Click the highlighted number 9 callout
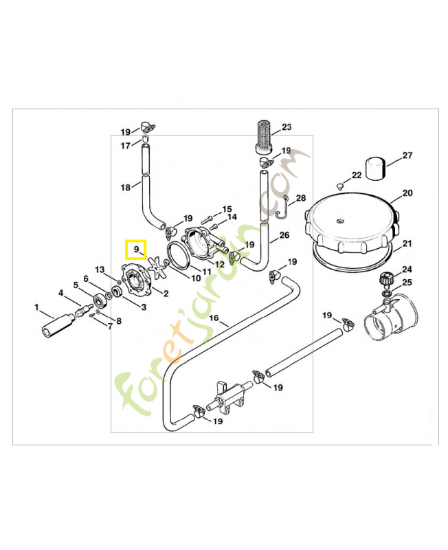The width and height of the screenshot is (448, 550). coord(135,248)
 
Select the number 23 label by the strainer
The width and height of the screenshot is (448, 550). coord(287,126)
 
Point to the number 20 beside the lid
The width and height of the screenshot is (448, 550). coord(407,193)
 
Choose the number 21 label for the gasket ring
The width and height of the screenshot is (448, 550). coord(407,243)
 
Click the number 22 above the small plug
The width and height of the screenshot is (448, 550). coord(356,175)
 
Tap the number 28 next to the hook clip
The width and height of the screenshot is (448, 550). coord(301,198)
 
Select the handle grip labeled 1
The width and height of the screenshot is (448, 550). coord(55,324)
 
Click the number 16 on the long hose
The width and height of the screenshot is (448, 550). coord(214,318)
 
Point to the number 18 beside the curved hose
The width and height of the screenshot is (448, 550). coord(125,187)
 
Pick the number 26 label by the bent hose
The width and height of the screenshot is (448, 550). coord(284,234)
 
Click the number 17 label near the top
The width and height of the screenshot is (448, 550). coord(125,145)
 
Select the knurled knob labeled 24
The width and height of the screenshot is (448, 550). coord(386,279)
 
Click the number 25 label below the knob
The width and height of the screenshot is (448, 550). coord(407,282)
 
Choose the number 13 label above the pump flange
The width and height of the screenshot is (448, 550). coord(100,269)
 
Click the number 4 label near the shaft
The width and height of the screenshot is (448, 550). coord(61,294)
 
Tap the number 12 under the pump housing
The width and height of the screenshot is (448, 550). coord(220,264)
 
